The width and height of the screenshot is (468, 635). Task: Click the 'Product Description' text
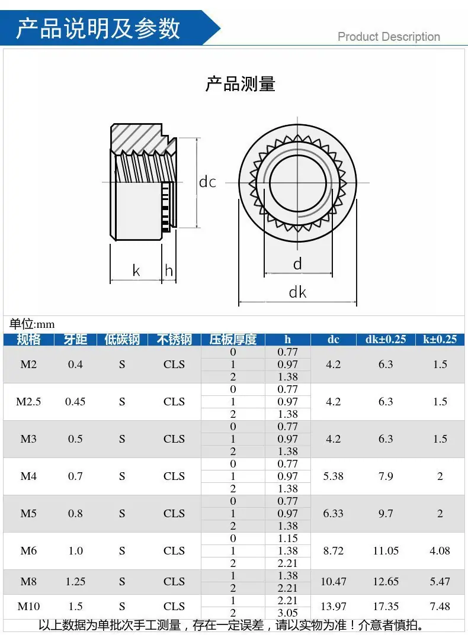(x=389, y=37)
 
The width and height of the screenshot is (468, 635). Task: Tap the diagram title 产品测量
(x=240, y=84)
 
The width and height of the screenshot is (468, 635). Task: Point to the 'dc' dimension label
(x=207, y=182)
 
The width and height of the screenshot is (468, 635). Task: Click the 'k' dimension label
(x=136, y=270)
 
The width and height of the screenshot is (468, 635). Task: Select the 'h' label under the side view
(x=169, y=270)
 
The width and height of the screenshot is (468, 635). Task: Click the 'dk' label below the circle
(x=297, y=292)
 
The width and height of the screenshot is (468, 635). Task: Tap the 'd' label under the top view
(x=297, y=263)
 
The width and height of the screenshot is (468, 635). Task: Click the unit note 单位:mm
(x=32, y=324)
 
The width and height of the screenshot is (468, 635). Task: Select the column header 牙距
(x=75, y=339)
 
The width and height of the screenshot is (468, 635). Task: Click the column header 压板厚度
(x=233, y=339)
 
